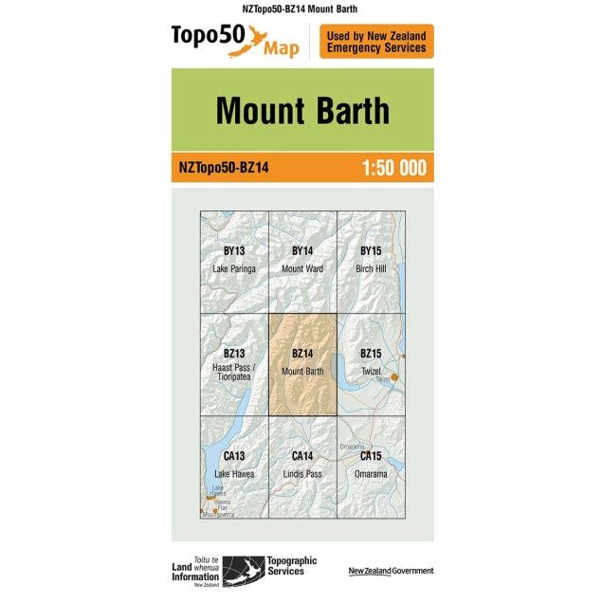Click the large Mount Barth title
301,111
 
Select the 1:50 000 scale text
393,168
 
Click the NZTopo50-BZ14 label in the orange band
224,168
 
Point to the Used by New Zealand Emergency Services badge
376,42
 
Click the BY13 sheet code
234,251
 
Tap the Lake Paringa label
234,268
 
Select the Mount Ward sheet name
302,268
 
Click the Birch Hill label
371,268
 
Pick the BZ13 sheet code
234,354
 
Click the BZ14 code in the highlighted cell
302,354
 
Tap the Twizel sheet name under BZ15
371,371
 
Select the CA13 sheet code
234,456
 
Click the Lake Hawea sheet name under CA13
234,473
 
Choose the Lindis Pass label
302,473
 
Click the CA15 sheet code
371,456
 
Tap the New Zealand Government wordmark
391,571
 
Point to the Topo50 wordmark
207,37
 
